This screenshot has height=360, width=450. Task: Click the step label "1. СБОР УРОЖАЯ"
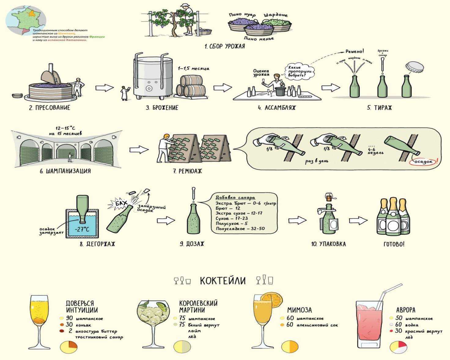point(224,46)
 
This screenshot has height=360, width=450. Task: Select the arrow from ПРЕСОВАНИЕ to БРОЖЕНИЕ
point(104,88)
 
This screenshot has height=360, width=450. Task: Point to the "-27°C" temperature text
point(82,229)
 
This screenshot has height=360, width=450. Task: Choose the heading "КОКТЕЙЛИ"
point(223,281)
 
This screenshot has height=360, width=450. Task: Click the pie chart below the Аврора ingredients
point(398,347)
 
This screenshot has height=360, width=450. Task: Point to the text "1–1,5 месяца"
point(194,68)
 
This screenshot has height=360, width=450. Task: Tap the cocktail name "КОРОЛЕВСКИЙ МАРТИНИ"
point(198,306)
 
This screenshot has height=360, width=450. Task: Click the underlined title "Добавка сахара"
point(235,197)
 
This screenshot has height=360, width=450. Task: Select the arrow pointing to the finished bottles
point(358,220)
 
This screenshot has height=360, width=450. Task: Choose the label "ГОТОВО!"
point(394,244)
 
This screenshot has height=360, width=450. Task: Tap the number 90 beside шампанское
point(69,318)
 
